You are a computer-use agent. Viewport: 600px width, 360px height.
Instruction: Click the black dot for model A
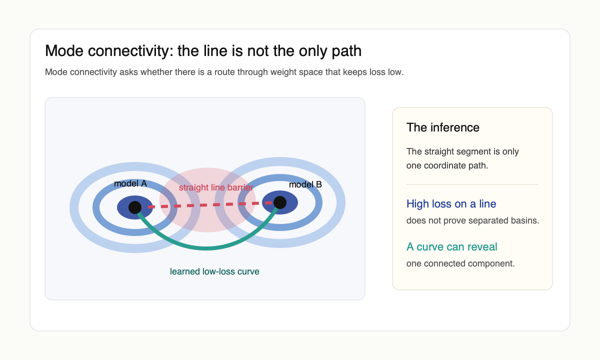pyautogui.click(x=135, y=207)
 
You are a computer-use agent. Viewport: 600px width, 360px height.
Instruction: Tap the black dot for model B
pyautogui.click(x=280, y=202)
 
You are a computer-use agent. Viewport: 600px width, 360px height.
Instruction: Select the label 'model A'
pyautogui.click(x=130, y=183)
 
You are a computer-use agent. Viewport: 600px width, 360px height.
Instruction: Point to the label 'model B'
pyautogui.click(x=305, y=184)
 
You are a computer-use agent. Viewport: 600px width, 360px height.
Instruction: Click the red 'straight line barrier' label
pyautogui.click(x=216, y=187)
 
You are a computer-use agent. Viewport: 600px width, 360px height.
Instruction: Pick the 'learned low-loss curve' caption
pyautogui.click(x=214, y=271)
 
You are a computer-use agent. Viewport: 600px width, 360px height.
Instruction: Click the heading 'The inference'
pyautogui.click(x=443, y=127)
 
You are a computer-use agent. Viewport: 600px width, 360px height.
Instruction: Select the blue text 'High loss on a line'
pyautogui.click(x=451, y=203)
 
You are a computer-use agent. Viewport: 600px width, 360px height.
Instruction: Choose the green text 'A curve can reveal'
pyautogui.click(x=451, y=246)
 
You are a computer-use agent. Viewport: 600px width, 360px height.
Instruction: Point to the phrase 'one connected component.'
pyautogui.click(x=460, y=263)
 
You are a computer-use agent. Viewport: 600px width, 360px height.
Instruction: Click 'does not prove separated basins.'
pyautogui.click(x=472, y=220)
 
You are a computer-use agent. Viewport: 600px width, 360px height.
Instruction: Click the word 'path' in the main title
pyautogui.click(x=349, y=50)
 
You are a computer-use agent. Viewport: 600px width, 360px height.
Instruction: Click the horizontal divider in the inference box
pyautogui.click(x=472, y=184)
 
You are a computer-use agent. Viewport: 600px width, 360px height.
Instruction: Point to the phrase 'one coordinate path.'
pyautogui.click(x=447, y=165)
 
